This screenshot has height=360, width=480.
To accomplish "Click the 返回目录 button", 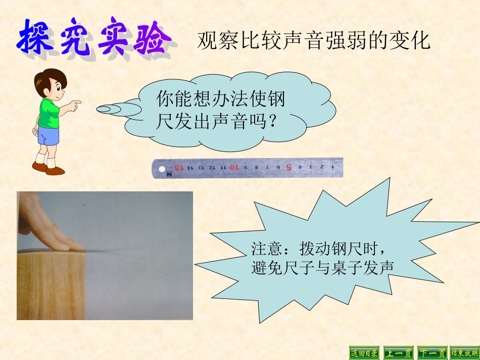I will click(364, 352).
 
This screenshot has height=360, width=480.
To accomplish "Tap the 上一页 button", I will click(398, 352).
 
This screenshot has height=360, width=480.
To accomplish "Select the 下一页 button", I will click(431, 352).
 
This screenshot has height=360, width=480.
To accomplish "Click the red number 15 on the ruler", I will click(179, 167).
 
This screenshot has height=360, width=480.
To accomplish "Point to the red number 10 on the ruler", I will click(233, 166).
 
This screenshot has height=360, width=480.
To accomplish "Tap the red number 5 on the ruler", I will click(289, 166).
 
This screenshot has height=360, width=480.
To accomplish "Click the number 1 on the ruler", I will click(333, 165).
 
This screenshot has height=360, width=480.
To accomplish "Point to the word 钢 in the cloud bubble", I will click(277, 98).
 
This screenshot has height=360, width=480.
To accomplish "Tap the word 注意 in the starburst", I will click(264, 248).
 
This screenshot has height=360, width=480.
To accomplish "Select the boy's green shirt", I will click(50, 113).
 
